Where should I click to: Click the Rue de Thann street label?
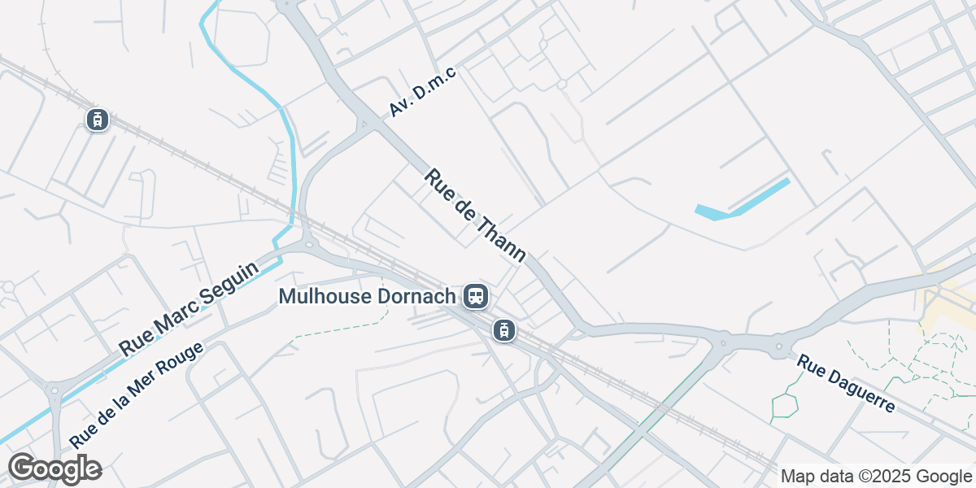point(476,216)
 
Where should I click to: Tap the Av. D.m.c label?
point(424,92)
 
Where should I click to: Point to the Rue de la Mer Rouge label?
point(136,394)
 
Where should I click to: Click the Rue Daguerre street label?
point(846,383)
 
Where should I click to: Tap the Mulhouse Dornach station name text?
point(367,296)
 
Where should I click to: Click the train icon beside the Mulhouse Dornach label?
point(476,296)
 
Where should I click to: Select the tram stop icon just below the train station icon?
point(504,330)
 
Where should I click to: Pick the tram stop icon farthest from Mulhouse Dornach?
point(98,120)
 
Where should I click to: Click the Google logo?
point(54,468)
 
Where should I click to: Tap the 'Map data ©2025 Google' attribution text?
point(877,476)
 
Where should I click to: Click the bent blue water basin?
point(742,200)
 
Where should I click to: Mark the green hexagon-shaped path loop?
point(785,404)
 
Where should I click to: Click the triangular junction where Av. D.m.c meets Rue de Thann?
point(364,125)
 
